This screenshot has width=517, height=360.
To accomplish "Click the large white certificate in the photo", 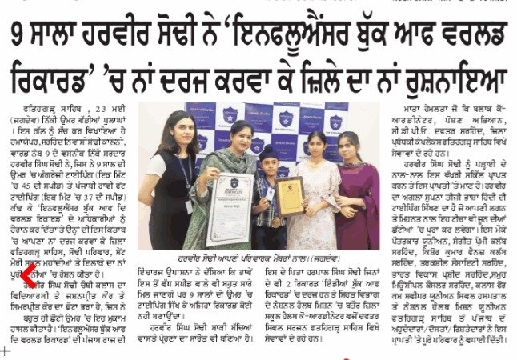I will [x=230, y=209].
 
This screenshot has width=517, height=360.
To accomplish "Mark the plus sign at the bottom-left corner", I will [x=6, y=350].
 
